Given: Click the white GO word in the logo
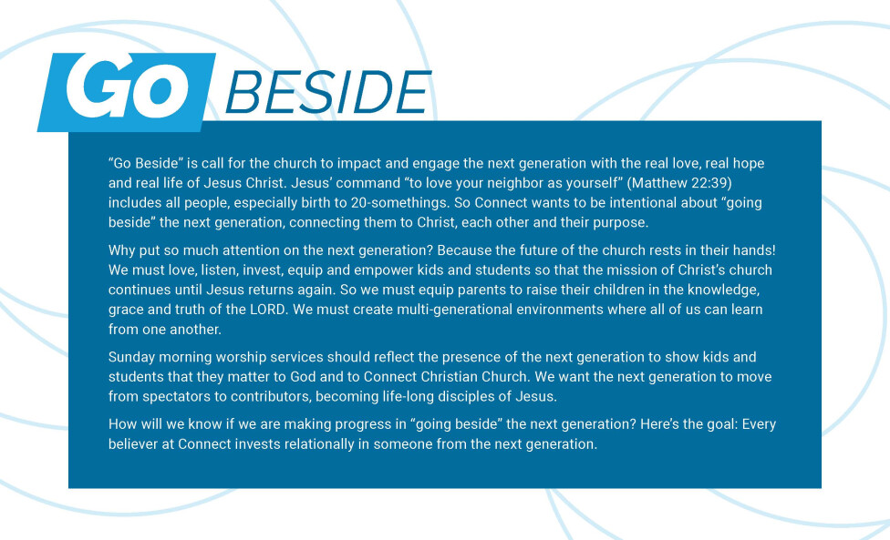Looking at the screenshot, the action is [x=127, y=86].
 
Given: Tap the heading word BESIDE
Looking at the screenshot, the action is [x=328, y=92].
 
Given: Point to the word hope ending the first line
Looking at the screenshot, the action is [x=749, y=163].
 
